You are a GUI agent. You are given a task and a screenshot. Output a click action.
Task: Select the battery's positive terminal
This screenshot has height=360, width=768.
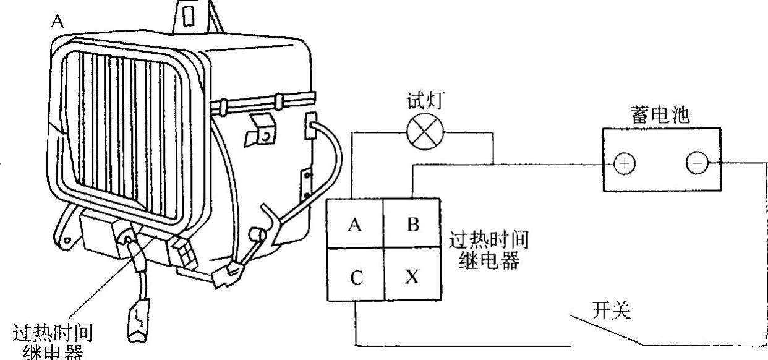tap(624, 164)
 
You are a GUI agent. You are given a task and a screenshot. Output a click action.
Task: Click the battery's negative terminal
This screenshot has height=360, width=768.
tap(697, 163)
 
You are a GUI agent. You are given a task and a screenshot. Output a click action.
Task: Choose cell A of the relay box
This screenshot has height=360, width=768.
tap(354, 224)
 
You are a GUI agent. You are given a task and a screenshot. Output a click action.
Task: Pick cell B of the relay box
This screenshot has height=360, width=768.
tap(412, 224)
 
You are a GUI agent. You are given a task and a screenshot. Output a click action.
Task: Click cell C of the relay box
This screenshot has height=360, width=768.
tap(355, 276)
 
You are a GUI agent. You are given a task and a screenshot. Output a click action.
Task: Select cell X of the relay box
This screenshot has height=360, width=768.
tap(412, 276)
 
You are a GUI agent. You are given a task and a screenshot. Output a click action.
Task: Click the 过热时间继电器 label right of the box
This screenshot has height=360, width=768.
tap(489, 249)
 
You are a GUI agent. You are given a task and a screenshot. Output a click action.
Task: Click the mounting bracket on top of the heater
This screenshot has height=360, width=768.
tap(191, 15)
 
